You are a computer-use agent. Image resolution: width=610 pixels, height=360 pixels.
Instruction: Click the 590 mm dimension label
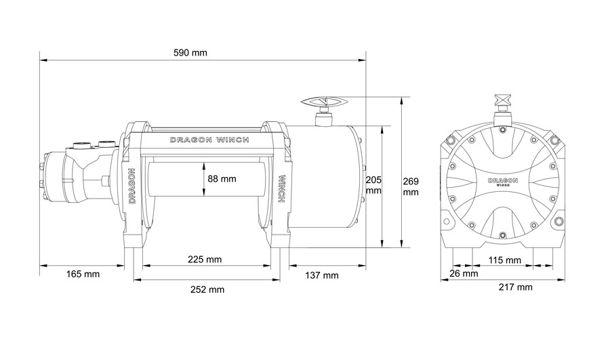click(190, 52)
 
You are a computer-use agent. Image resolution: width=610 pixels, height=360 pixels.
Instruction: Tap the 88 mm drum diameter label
click(222, 178)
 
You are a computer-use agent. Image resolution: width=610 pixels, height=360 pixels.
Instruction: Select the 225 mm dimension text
click(205, 259)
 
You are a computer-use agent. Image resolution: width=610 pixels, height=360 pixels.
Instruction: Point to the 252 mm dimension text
click(207, 289)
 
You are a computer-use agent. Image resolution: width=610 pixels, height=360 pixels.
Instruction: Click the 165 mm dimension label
click(83, 274)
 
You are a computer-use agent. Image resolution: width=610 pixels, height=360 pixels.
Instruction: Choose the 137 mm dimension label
click(322, 275)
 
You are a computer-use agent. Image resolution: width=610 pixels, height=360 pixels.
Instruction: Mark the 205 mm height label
click(374, 185)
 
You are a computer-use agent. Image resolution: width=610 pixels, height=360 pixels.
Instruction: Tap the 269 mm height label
click(411, 187)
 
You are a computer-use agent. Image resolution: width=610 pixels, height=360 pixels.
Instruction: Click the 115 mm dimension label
click(504, 260)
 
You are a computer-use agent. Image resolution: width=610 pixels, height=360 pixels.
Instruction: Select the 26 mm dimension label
click(464, 273)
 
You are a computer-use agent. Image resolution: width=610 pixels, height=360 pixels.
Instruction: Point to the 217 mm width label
click(516, 287)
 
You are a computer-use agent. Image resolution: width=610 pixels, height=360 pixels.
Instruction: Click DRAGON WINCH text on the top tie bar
click(209, 140)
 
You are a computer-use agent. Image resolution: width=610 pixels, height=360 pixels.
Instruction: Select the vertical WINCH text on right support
click(283, 188)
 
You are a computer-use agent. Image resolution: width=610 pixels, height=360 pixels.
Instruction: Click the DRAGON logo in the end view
click(503, 182)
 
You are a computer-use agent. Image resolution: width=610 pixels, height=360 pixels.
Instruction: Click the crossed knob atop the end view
click(503, 100)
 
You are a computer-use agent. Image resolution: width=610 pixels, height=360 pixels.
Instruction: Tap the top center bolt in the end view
click(503, 128)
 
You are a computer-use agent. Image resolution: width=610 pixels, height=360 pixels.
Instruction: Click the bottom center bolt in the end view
click(503, 235)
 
